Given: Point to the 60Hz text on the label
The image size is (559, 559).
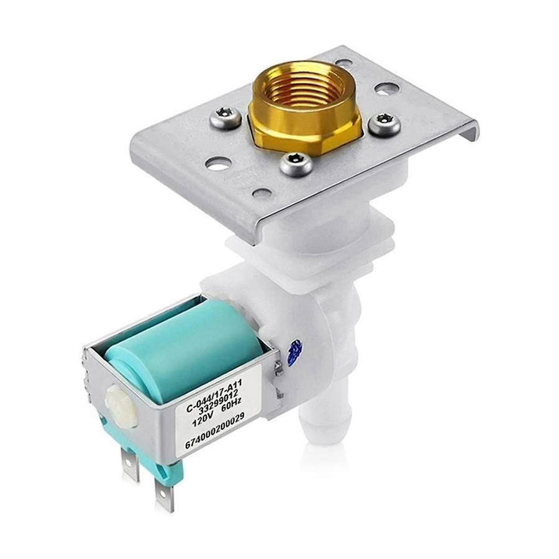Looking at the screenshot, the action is pyautogui.click(x=232, y=411).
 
